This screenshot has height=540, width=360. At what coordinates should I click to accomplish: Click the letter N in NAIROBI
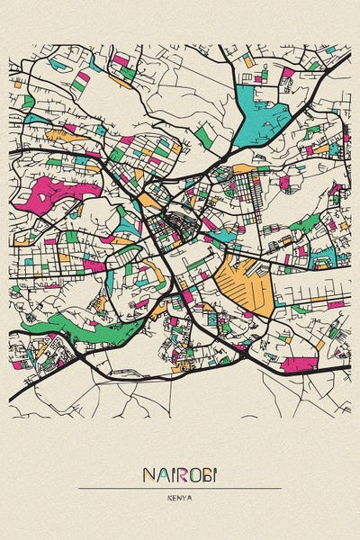tap(148, 474)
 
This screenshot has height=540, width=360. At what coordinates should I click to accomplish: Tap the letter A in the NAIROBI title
tap(161, 474)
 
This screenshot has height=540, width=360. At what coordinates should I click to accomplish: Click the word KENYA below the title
tap(180, 498)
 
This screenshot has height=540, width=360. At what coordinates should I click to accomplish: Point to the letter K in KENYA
tap(170, 498)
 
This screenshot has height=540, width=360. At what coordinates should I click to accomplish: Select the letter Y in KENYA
tap(184, 498)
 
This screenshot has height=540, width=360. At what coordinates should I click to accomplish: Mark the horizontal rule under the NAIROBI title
tap(180, 489)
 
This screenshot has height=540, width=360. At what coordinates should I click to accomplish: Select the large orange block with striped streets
tap(246, 283)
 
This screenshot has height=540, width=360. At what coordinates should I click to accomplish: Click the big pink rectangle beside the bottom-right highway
tap(300, 364)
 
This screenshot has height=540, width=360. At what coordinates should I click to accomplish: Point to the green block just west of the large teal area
tap(205, 135)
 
